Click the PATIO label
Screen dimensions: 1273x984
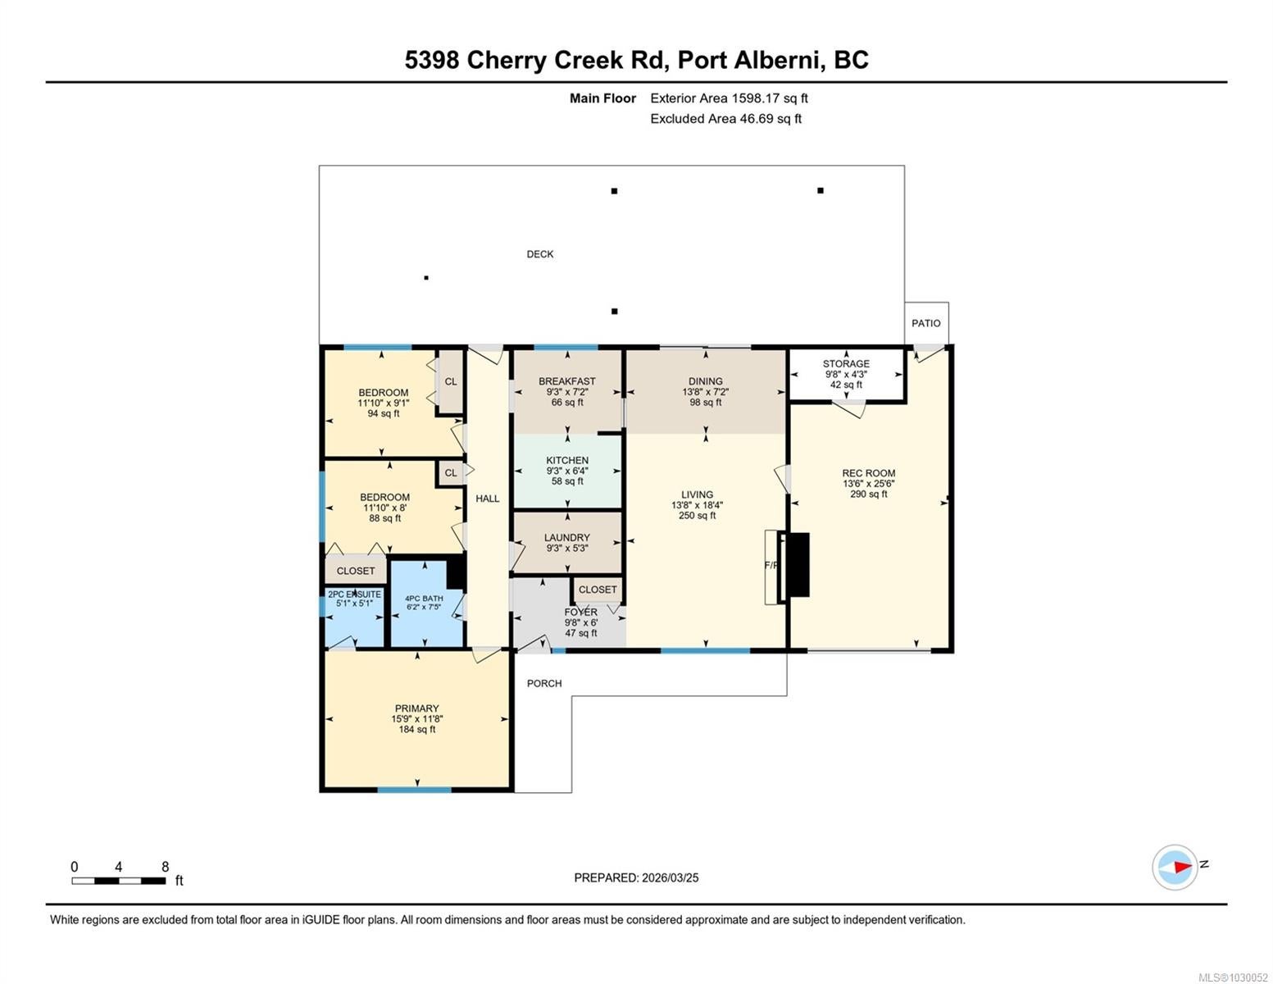[925, 323]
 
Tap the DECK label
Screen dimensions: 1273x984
[539, 253]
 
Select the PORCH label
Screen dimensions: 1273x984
[543, 683]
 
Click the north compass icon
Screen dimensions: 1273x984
[1174, 867]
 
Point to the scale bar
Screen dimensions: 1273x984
[119, 881]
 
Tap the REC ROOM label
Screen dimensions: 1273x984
[868, 473]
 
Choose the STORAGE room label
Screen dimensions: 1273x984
[845, 363]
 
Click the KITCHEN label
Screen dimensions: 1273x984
[566, 460]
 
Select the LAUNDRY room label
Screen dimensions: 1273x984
[566, 537]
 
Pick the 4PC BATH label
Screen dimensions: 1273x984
[424, 599]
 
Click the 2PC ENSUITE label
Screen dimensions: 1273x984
[354, 594]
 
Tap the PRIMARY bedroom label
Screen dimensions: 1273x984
[416, 708]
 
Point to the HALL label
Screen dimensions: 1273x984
[487, 499]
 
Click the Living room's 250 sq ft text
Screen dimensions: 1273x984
[697, 516]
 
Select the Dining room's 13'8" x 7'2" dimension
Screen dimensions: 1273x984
[705, 391]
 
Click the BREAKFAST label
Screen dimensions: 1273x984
[566, 381]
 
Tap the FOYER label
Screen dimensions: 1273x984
[580, 612]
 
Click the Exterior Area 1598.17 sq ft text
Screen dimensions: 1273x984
[729, 98]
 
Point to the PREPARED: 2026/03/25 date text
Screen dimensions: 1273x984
[636, 877]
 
